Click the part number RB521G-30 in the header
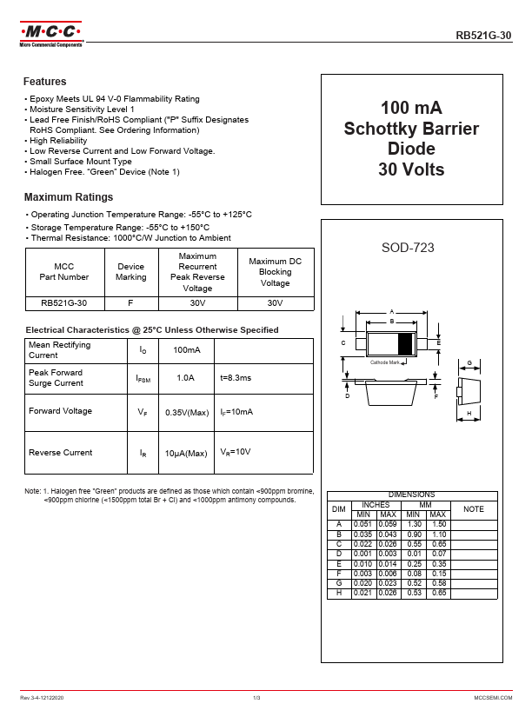tap(484, 36)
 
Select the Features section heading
tap(45, 82)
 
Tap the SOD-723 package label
tap(408, 248)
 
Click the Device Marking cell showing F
tap(130, 303)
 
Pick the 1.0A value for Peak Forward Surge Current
tap(185, 378)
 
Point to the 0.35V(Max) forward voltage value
tap(186, 412)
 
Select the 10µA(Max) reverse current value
tap(186, 453)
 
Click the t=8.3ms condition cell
tap(235, 378)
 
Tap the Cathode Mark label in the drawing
tap(384, 362)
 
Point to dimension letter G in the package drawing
tap(469, 363)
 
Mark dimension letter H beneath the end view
tap(469, 414)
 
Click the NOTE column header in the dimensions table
tap(474, 508)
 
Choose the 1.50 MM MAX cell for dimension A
tap(439, 525)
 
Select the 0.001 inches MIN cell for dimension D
tap(363, 553)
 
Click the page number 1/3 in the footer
tap(257, 698)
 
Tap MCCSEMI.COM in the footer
tap(493, 698)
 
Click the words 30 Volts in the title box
tap(411, 169)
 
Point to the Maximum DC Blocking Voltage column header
tap(275, 272)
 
